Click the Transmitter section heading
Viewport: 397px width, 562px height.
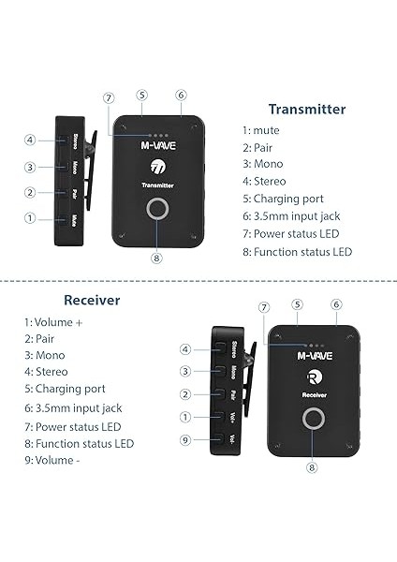pyautogui.click(x=306, y=110)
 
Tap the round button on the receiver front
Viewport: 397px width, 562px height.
pyautogui.click(x=313, y=421)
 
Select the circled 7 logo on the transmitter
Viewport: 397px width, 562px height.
pyautogui.click(x=157, y=167)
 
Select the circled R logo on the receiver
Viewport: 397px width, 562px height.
pyautogui.click(x=314, y=377)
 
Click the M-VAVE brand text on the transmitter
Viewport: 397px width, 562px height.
pyautogui.click(x=157, y=145)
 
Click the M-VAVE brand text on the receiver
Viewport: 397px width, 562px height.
pyautogui.click(x=314, y=356)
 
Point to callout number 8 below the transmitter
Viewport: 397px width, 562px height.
pyautogui.click(x=157, y=258)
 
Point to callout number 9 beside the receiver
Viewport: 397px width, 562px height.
pyautogui.click(x=185, y=439)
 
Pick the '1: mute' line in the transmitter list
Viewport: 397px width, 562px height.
pyautogui.click(x=260, y=130)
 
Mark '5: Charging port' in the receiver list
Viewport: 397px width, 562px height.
pyautogui.click(x=65, y=388)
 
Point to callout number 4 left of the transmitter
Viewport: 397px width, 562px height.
pyautogui.click(x=30, y=140)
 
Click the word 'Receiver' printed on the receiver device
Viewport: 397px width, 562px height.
pyautogui.click(x=314, y=396)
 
